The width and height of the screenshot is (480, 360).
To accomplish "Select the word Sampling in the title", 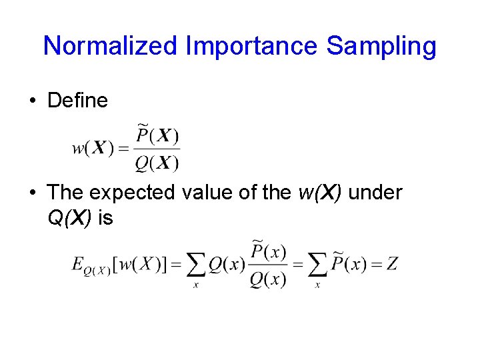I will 382,47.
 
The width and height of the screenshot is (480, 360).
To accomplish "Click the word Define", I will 77,101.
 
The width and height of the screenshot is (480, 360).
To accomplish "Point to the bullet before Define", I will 32,101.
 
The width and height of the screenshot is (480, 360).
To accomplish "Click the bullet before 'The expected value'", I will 32,193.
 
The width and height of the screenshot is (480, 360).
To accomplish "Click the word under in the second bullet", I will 375,193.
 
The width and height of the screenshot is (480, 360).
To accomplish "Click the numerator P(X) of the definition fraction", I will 157,136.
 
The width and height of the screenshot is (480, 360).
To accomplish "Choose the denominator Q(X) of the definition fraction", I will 157,162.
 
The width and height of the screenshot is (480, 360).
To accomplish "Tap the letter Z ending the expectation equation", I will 392,265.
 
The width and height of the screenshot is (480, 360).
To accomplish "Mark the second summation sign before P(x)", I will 317,267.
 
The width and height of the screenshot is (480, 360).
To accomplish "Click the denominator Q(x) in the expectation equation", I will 268,279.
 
